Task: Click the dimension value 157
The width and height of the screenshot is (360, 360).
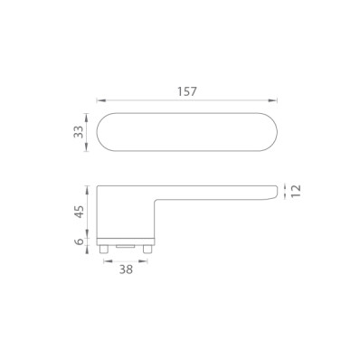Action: point(187,91)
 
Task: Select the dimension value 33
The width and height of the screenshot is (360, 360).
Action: point(79,132)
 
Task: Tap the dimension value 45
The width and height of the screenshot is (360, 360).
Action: point(79,212)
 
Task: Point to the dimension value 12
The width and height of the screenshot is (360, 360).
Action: point(296,191)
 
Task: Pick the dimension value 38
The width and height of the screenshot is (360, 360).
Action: point(126,270)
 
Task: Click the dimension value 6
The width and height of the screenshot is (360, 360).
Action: point(79,242)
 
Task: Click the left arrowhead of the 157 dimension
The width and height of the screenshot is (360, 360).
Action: point(101,100)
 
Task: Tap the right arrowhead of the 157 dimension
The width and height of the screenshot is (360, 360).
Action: point(272,100)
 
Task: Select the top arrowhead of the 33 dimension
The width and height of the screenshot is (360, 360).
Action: point(87,118)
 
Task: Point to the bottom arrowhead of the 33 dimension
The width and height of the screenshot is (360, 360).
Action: point(87,147)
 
